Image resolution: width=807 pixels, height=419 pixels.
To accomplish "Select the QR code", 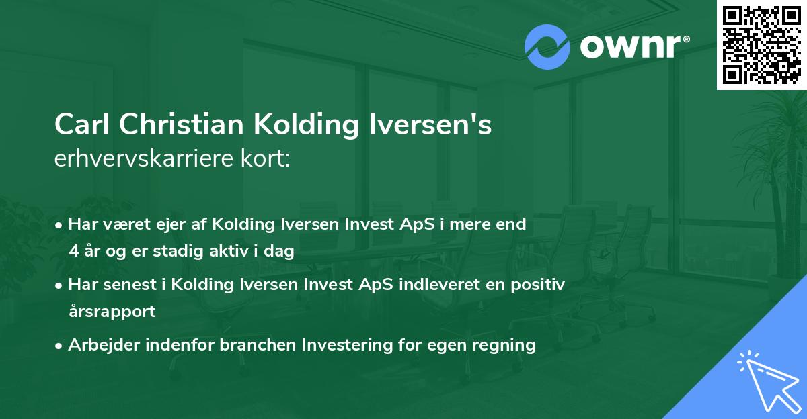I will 761,44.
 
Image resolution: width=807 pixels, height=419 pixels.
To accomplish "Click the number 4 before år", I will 73,251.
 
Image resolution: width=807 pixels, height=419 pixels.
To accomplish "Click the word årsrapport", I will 112,311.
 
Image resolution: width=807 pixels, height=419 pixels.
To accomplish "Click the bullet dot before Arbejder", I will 60,346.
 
